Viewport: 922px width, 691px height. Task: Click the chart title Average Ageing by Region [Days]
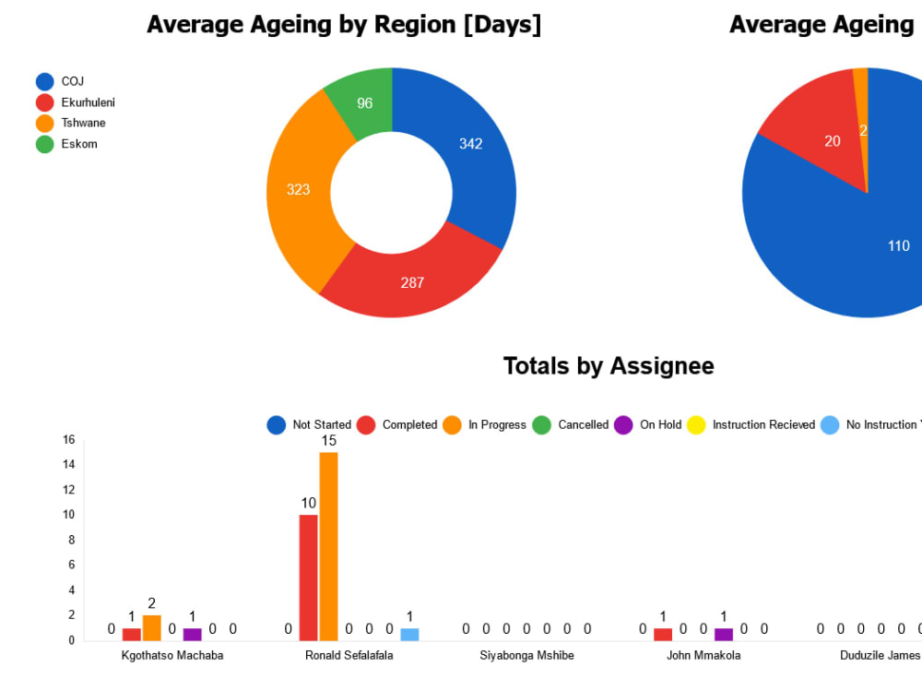pyautogui.click(x=344, y=25)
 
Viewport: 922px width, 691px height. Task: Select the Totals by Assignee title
pyautogui.click(x=609, y=366)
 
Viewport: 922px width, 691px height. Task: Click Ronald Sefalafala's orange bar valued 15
pyautogui.click(x=328, y=544)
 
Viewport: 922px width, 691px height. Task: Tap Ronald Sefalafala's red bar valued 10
pyautogui.click(x=308, y=577)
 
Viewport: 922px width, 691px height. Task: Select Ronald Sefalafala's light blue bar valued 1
pyautogui.click(x=409, y=635)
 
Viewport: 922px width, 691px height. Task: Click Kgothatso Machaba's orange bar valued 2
pyautogui.click(x=151, y=628)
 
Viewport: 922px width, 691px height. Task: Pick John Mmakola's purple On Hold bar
pyautogui.click(x=723, y=635)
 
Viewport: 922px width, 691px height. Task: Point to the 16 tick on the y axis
pyautogui.click(x=69, y=439)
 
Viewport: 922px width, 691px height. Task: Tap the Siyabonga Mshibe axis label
pyautogui.click(x=526, y=656)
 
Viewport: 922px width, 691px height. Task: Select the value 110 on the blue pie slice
pyautogui.click(x=898, y=245)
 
